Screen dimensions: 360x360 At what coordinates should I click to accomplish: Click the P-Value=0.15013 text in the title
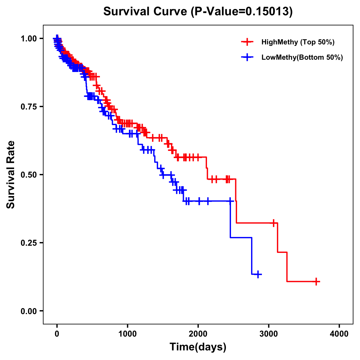(241, 12)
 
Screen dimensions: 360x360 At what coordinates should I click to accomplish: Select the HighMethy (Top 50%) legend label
(298, 42)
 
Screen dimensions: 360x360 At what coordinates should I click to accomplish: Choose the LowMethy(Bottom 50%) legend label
(302, 57)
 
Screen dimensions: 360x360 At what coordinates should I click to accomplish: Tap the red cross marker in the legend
(247, 42)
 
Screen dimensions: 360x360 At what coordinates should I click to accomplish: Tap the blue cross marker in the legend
(247, 57)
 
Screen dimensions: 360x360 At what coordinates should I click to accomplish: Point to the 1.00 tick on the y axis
(28, 38)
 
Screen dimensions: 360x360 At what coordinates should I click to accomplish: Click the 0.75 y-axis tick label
(28, 106)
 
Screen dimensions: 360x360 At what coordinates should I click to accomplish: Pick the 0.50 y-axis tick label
(28, 175)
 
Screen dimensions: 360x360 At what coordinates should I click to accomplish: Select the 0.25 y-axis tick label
(28, 243)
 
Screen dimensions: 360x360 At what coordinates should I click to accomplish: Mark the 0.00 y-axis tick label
(28, 311)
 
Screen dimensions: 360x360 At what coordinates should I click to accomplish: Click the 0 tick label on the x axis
(57, 334)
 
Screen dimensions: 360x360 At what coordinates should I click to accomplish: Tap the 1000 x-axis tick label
(127, 334)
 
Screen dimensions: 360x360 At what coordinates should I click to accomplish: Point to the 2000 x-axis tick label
(198, 334)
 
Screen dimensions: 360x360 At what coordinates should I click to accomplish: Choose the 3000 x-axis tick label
(269, 334)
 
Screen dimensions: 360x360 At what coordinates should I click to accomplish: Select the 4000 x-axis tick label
(339, 334)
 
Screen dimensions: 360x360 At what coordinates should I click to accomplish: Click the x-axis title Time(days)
(198, 347)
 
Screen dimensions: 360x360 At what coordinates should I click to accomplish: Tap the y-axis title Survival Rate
(11, 175)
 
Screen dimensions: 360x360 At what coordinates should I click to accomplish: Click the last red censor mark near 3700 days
(316, 281)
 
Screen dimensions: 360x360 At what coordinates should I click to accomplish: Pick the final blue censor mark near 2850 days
(258, 274)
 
